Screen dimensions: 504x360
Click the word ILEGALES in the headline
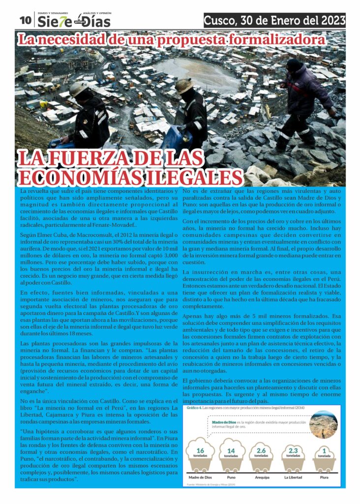point(191,178)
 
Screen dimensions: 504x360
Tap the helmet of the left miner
point(78,89)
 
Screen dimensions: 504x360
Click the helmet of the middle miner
point(183,85)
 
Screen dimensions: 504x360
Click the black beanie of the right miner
point(294,65)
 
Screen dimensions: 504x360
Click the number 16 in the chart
point(200,450)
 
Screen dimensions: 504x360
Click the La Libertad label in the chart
point(293,477)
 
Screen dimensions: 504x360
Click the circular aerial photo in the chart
point(323,424)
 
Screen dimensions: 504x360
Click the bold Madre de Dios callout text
point(224,422)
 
